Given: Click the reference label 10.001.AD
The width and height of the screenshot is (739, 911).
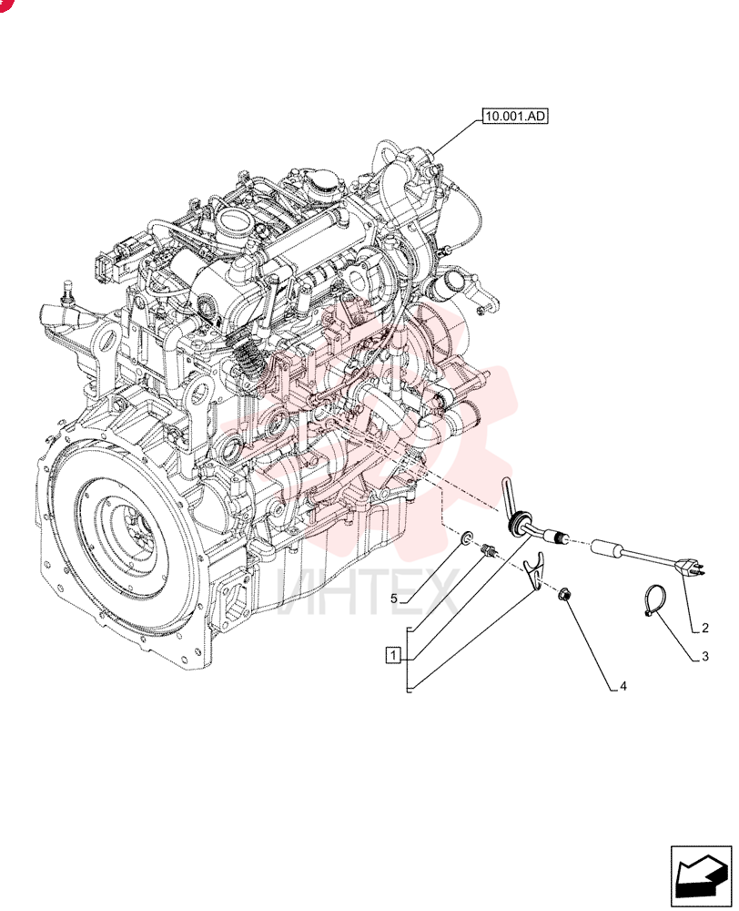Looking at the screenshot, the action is (515, 117).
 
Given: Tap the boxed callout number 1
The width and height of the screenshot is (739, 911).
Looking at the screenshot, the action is (393, 655).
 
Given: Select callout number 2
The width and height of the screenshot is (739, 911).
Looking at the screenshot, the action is (704, 628).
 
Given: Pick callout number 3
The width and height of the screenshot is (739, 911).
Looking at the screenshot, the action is (704, 657).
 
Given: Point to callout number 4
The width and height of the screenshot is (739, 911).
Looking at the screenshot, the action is (623, 686).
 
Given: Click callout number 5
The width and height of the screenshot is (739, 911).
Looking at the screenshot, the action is (393, 598).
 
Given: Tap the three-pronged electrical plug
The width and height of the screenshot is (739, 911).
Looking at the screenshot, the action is (690, 566).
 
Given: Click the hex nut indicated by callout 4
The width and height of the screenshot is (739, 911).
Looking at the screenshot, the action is (563, 594).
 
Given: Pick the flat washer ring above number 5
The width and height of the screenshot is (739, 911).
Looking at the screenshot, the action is (466, 538).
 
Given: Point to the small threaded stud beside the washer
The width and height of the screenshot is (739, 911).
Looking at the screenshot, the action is (488, 549).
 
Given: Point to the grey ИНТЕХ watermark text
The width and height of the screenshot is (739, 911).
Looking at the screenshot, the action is (367, 593).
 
